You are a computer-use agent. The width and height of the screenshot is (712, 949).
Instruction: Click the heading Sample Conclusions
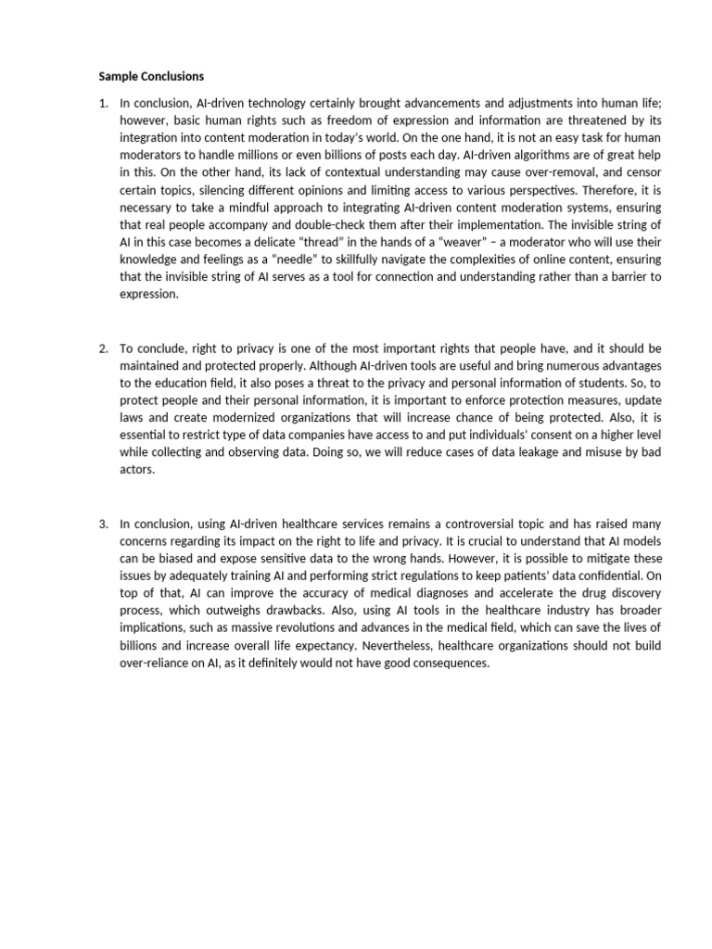(x=151, y=75)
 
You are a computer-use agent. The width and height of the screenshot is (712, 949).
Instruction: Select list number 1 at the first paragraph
(x=103, y=103)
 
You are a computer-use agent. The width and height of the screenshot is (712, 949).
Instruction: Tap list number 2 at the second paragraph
(x=103, y=348)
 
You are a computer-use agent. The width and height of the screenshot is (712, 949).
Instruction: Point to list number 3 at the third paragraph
(x=103, y=524)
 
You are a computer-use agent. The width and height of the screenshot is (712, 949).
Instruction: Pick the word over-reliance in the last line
(x=155, y=664)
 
